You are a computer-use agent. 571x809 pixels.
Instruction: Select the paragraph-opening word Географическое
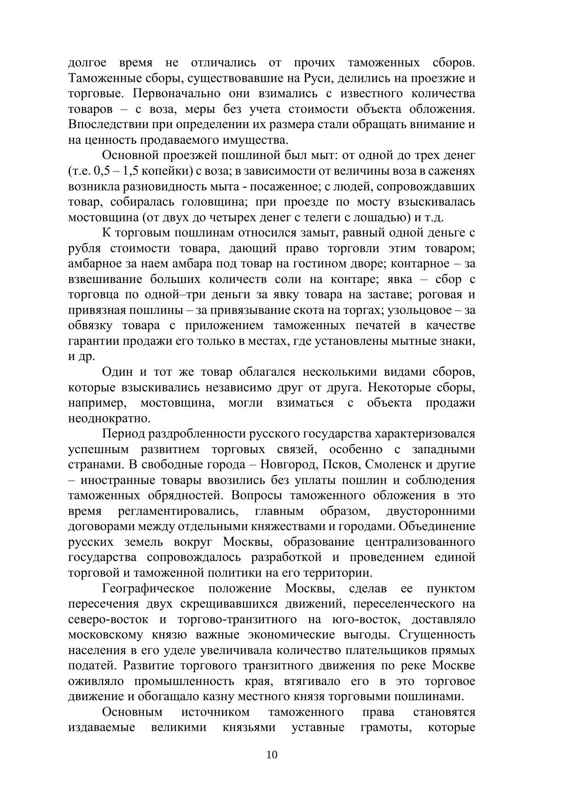coord(148,589)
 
